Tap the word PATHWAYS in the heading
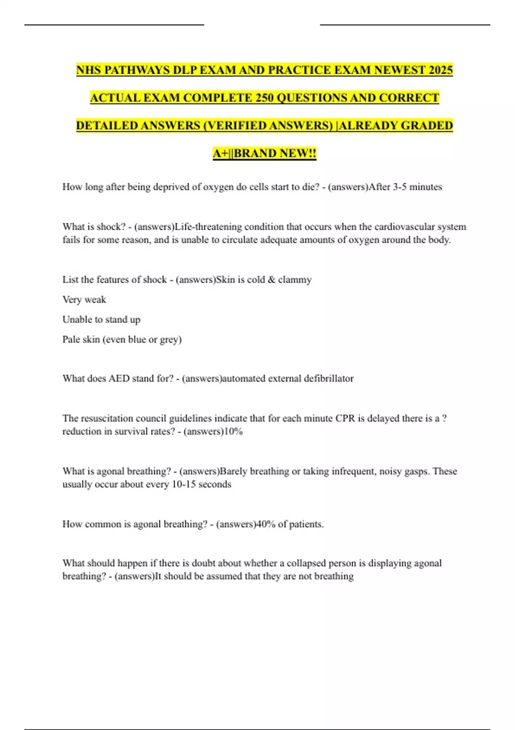[136, 70]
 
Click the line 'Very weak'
[84, 299]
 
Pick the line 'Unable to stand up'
[101, 319]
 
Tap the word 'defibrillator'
[329, 378]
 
